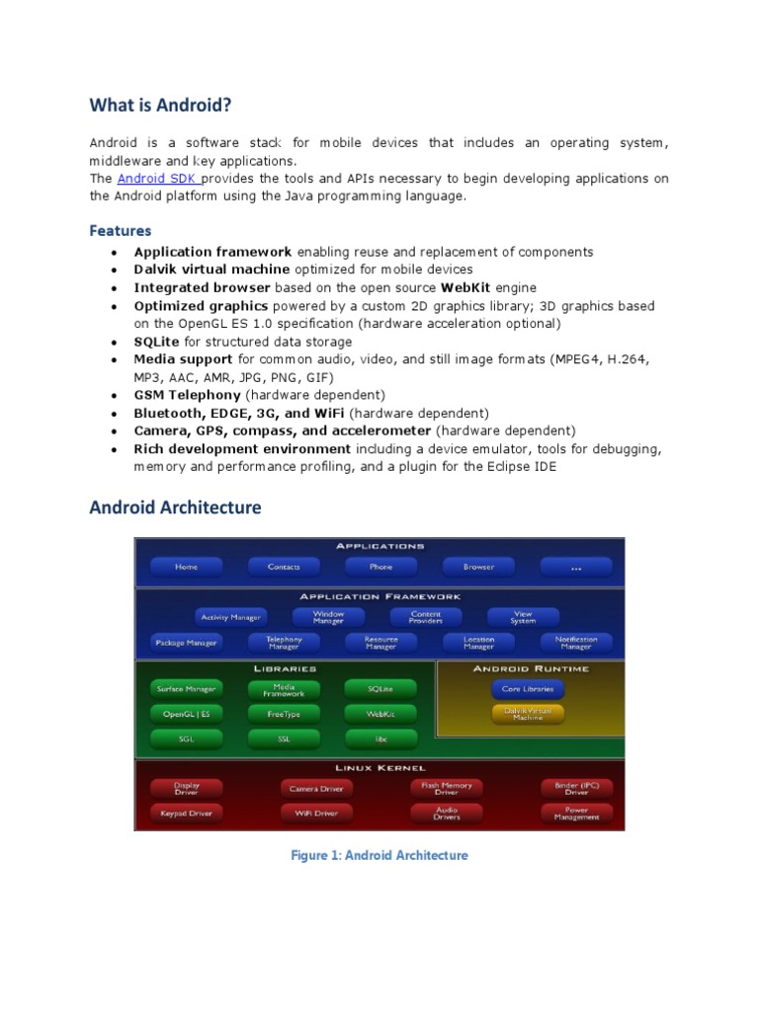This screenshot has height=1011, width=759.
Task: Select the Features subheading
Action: pos(121,231)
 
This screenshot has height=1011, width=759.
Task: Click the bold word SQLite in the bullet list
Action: pos(157,342)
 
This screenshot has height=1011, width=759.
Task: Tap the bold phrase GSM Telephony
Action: pos(187,395)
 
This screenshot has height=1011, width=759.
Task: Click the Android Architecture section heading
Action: pos(176,507)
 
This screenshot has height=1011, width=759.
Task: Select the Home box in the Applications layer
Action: pos(186,567)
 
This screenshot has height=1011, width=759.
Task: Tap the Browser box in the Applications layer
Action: pos(478,567)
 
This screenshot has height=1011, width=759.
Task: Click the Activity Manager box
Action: pos(230,617)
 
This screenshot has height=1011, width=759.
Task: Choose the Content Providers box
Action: pos(426,617)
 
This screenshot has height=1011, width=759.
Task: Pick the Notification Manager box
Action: pos(576,642)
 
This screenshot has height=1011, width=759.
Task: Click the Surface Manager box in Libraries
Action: pos(186,688)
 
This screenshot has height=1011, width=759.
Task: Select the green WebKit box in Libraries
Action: pos(380,713)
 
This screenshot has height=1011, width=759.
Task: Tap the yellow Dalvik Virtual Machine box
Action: pos(528,713)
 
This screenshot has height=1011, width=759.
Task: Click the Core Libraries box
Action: pos(528,688)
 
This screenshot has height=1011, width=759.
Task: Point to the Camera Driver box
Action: pos(316,788)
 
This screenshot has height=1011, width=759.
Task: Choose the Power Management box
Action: pos(576,814)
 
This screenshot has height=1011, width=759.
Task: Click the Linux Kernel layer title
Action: pos(379,767)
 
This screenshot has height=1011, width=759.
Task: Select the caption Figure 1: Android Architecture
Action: pos(379,855)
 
